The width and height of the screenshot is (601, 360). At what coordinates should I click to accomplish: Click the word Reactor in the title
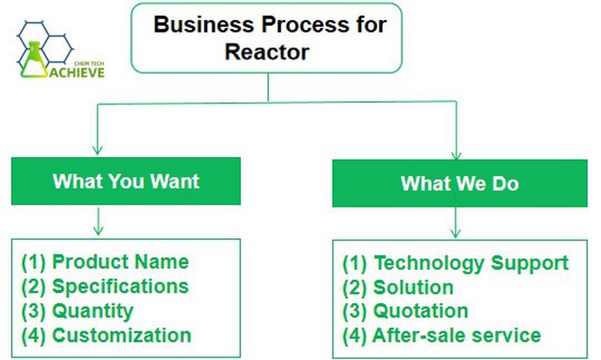point(267,51)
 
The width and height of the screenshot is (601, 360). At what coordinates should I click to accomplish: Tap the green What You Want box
point(125,180)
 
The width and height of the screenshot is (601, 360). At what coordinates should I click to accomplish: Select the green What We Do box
point(459,183)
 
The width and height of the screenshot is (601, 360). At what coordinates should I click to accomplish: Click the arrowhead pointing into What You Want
point(98,150)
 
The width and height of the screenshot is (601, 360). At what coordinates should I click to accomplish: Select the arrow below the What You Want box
point(98,222)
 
